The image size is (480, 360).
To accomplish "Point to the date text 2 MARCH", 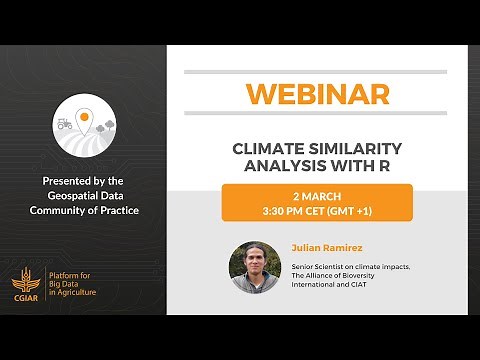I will (x=316, y=195).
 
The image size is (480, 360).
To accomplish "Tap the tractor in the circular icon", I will (x=64, y=123).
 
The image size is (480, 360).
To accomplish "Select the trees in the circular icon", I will (x=107, y=125).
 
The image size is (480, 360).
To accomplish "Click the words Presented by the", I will (x=84, y=180).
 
